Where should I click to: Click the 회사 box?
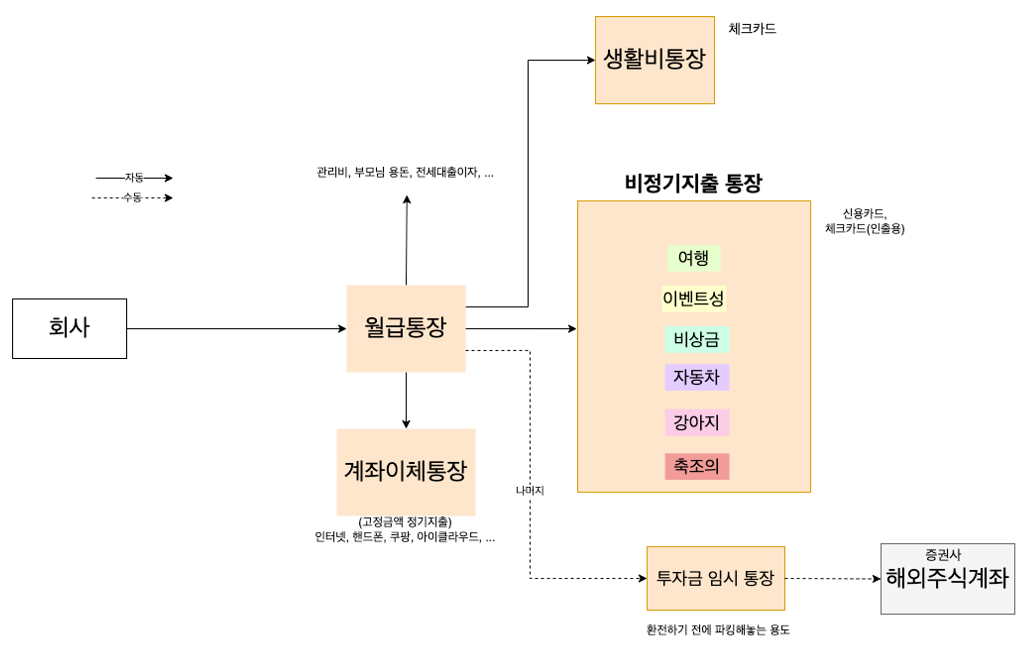[70, 328]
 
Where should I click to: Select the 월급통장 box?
[406, 328]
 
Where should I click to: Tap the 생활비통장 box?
[654, 60]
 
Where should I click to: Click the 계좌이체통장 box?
[406, 471]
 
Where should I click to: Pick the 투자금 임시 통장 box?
[715, 578]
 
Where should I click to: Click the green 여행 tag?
[694, 258]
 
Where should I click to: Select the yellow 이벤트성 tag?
[694, 298]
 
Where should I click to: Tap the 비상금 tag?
[696, 339]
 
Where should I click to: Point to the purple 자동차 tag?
[696, 377]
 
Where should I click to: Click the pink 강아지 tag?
[696, 422]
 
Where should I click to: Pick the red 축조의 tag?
[696, 466]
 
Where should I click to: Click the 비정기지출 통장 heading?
[693, 183]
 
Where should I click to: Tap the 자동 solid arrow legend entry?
[134, 178]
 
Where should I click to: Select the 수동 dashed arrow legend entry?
[132, 198]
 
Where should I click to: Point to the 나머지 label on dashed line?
[530, 490]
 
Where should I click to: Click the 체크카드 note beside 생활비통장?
[752, 29]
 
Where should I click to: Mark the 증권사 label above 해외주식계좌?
[943, 554]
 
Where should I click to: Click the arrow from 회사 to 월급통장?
[236, 329]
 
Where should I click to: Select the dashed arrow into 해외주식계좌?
[833, 579]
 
